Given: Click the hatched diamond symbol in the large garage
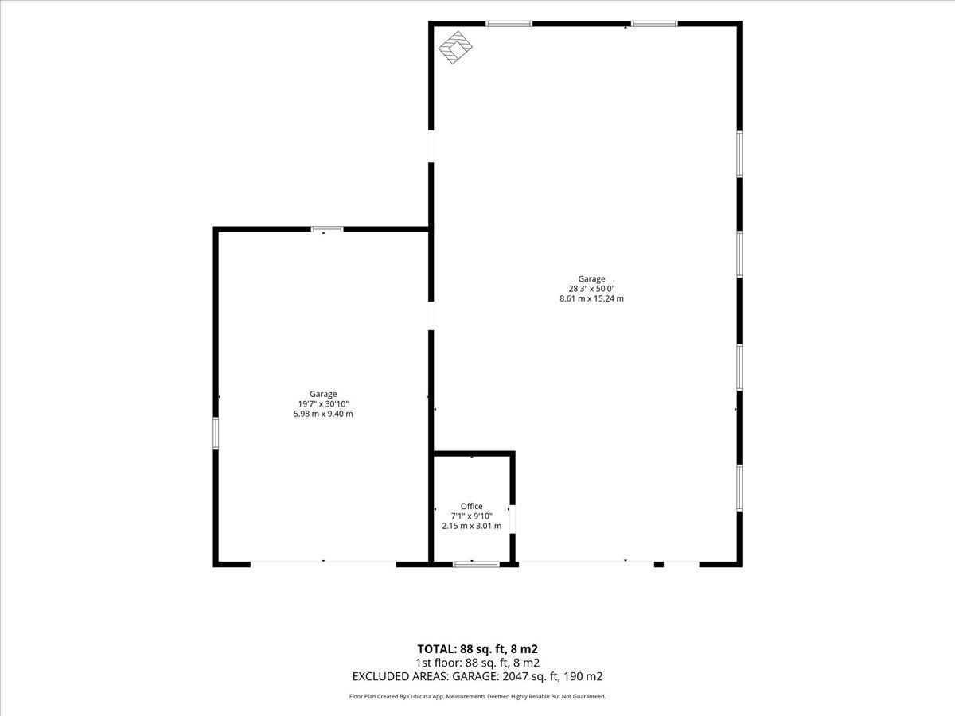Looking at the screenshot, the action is (x=455, y=48).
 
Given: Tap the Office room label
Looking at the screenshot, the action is (x=472, y=506).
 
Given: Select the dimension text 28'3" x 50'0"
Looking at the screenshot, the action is (x=591, y=289).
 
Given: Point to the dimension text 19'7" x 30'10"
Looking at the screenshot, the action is (x=323, y=404).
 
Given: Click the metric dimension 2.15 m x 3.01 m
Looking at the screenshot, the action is (x=472, y=526).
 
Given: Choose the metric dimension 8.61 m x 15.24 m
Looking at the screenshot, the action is (x=591, y=298).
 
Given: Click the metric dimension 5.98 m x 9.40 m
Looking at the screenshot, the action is (x=323, y=414).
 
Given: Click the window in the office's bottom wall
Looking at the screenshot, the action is (x=476, y=564).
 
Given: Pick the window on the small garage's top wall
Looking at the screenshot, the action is (x=327, y=229).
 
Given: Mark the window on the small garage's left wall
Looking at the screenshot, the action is (x=216, y=433).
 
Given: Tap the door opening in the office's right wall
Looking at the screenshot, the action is (x=513, y=519).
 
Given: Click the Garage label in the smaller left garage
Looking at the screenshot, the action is (x=323, y=394).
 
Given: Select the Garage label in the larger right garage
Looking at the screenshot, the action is (x=591, y=278).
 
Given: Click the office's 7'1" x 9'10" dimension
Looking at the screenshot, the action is (x=472, y=516).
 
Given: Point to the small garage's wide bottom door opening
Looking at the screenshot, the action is (x=323, y=563).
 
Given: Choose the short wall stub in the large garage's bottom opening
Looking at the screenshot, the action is (x=659, y=564).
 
